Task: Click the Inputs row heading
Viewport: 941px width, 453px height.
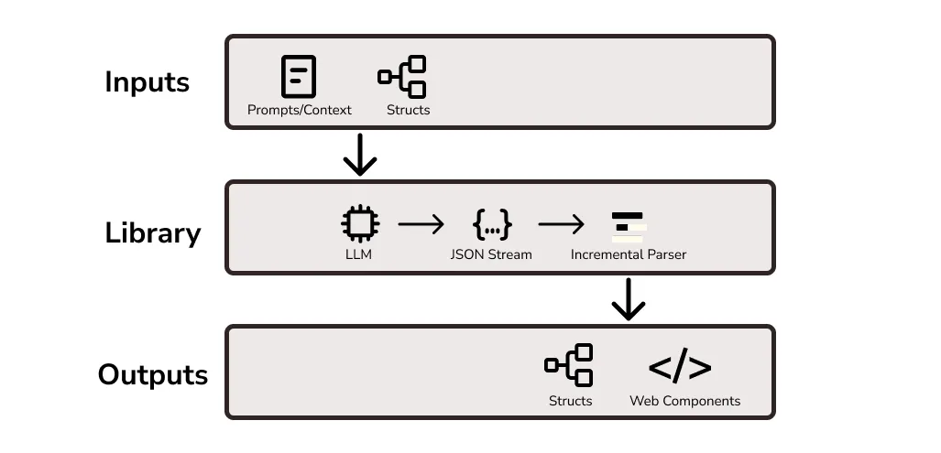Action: point(147,82)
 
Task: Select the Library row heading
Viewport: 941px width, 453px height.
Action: point(152,232)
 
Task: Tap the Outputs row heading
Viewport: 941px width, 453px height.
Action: point(152,375)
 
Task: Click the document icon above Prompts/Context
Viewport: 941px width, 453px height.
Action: point(299,77)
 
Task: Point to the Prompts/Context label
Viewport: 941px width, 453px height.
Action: point(300,110)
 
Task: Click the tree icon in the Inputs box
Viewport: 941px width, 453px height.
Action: point(403,77)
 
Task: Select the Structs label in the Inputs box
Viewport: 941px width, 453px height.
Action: point(408,110)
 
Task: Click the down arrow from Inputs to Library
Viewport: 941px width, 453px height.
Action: point(359,155)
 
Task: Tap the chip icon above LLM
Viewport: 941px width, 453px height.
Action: point(359,222)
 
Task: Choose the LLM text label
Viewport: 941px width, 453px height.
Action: point(359,254)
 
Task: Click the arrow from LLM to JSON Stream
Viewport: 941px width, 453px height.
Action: point(421,223)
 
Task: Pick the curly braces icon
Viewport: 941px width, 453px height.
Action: point(491,223)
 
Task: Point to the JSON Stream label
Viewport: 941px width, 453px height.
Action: point(491,254)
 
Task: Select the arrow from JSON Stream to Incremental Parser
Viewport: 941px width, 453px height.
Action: point(561,223)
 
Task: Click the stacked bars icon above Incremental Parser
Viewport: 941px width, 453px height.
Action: point(629,225)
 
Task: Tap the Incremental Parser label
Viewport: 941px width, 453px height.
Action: point(629,254)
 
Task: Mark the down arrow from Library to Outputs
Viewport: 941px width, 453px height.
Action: point(629,299)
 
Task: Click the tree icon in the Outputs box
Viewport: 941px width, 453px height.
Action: point(569,365)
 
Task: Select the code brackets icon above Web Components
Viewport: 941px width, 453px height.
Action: point(680,367)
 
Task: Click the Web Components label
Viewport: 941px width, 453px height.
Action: point(684,401)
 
